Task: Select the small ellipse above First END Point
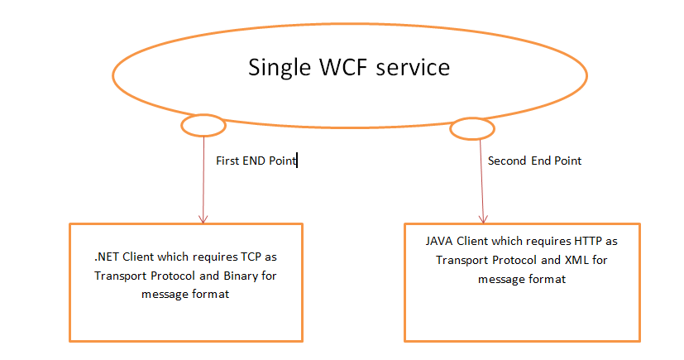203,126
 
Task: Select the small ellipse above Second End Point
472,128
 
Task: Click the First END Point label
255,161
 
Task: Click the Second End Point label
534,161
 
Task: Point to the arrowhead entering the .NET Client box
203,218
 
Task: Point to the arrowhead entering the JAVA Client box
481,218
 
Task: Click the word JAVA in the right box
442,242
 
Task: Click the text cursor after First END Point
297,161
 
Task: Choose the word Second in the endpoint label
507,161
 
